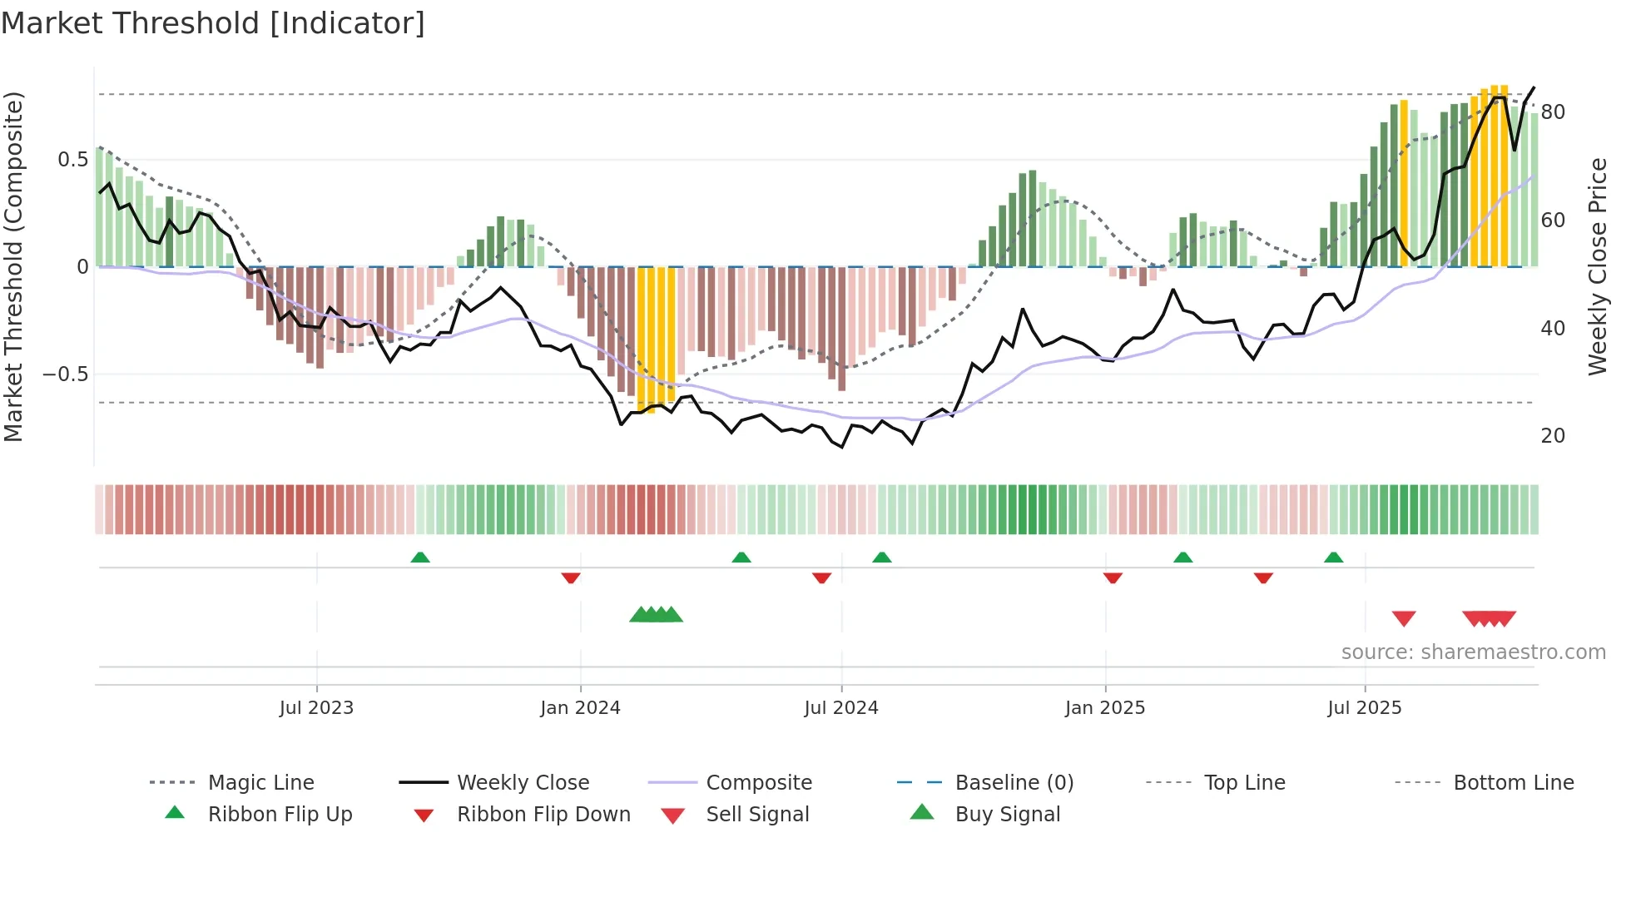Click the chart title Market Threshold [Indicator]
[x=213, y=23]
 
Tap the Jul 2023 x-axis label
[x=316, y=708]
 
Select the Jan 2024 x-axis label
[x=580, y=708]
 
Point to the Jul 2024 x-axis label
[x=841, y=708]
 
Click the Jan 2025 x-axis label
[x=1105, y=708]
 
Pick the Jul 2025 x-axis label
[x=1365, y=708]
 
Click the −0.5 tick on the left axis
[x=66, y=374]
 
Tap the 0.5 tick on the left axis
[x=72, y=160]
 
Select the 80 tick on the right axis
[x=1553, y=112]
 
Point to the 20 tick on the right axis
[x=1553, y=436]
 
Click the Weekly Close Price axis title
[x=1597, y=266]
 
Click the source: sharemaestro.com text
[x=1473, y=652]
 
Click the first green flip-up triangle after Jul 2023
[x=420, y=558]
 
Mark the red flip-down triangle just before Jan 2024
[x=571, y=577]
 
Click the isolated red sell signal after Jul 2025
[x=1404, y=618]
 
